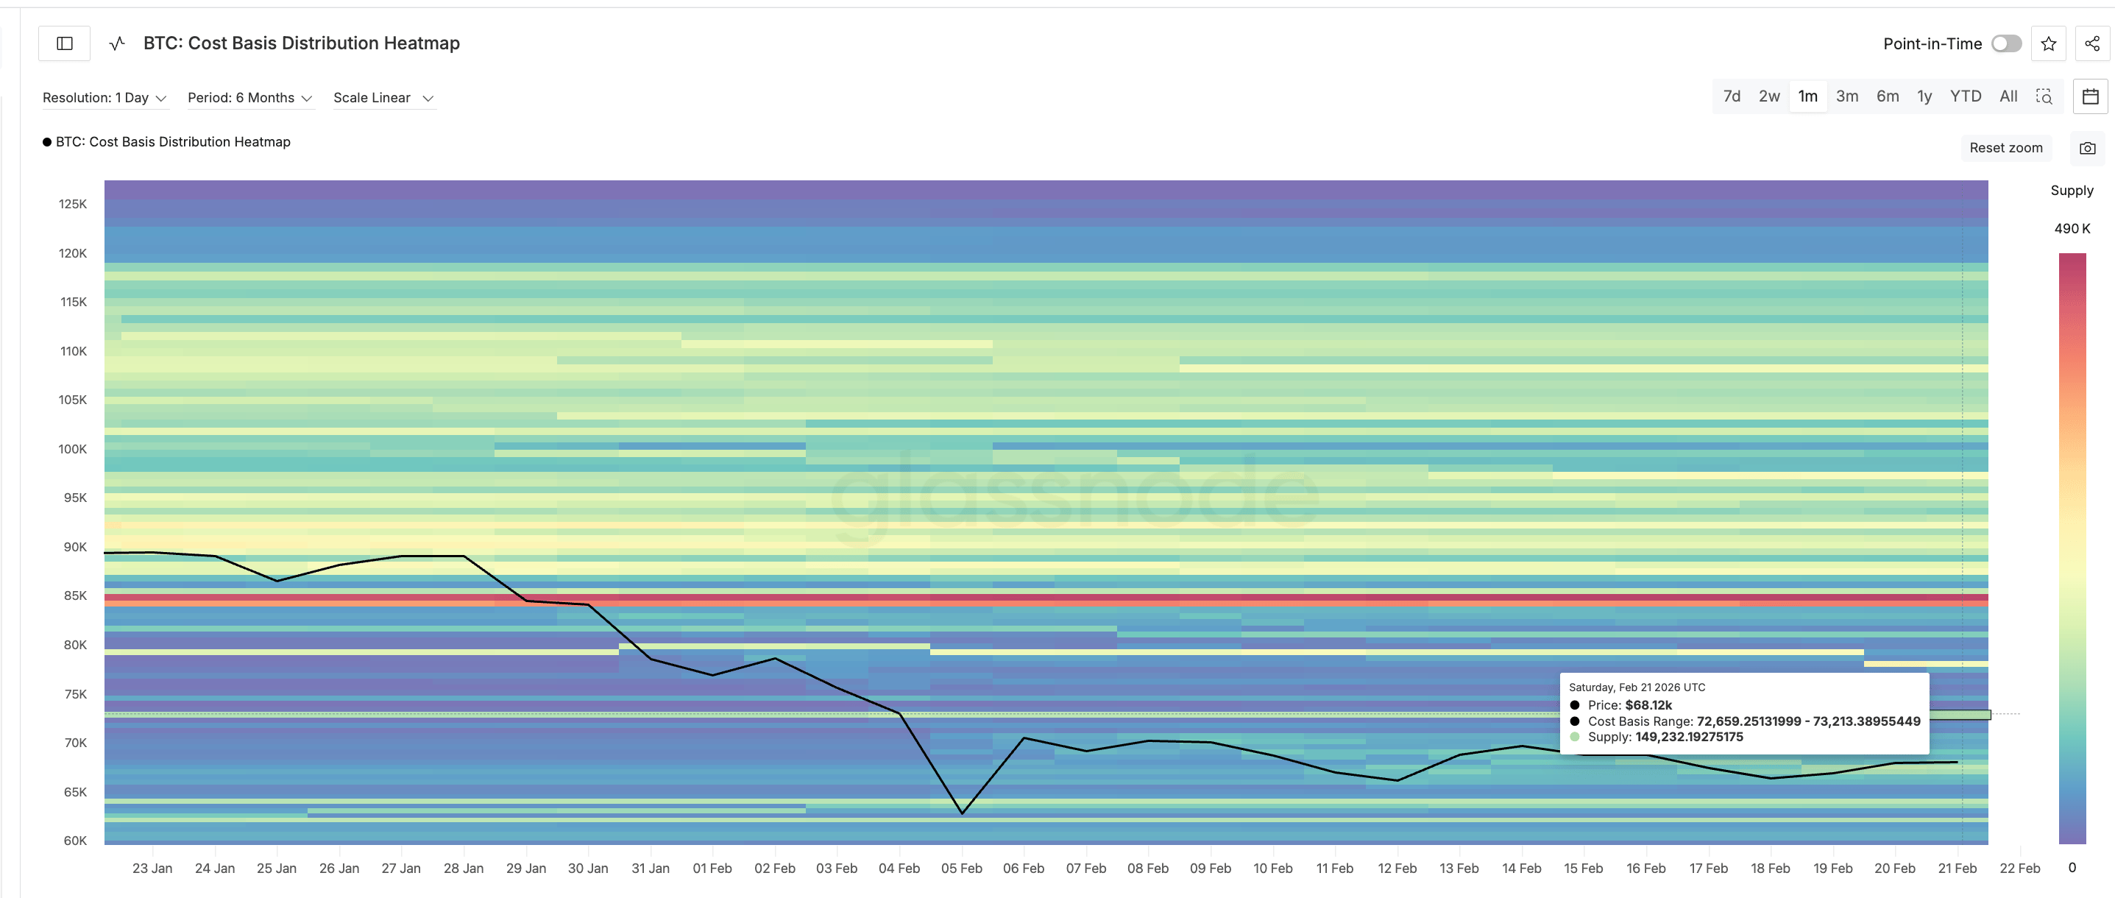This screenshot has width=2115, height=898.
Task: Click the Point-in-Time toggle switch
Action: click(2006, 43)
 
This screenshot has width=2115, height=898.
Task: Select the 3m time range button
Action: click(1846, 97)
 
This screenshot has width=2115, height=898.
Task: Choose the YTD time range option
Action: click(1965, 97)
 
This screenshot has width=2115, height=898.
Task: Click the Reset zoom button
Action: click(2005, 148)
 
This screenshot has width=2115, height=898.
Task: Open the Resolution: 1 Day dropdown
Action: click(104, 98)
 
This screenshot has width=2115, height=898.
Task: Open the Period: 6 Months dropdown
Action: click(249, 98)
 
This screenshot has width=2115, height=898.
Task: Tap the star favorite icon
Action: click(2049, 43)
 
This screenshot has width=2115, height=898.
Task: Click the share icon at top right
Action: click(2091, 43)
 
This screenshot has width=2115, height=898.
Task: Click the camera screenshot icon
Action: click(2087, 148)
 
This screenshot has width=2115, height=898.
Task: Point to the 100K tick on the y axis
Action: click(72, 449)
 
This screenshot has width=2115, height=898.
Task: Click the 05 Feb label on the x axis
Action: click(960, 869)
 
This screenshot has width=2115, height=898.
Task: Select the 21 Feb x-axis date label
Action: click(1957, 869)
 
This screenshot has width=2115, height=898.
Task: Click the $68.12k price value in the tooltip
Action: click(1648, 705)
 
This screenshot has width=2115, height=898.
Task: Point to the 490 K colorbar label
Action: click(2072, 229)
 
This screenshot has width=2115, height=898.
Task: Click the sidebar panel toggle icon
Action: click(65, 43)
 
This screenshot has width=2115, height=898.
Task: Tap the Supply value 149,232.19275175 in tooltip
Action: click(1688, 737)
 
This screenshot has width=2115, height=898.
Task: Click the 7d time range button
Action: click(1731, 97)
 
